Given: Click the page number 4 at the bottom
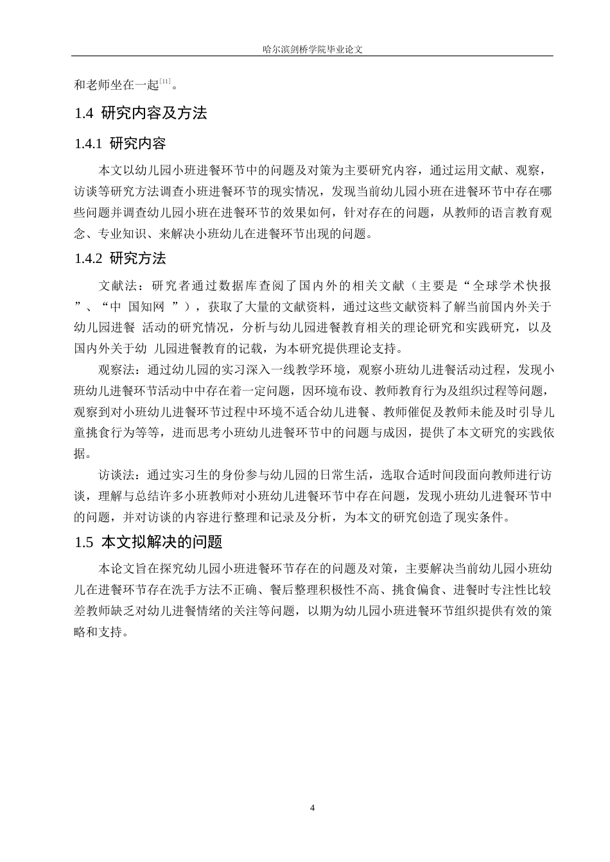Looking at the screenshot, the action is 313,807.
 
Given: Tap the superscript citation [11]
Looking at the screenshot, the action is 165,81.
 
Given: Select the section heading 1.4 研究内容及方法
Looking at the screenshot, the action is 141,114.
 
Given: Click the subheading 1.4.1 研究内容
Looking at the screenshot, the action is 121,144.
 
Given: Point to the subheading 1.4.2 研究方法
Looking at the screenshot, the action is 121,258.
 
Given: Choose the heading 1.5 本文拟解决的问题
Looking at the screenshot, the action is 148,542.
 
